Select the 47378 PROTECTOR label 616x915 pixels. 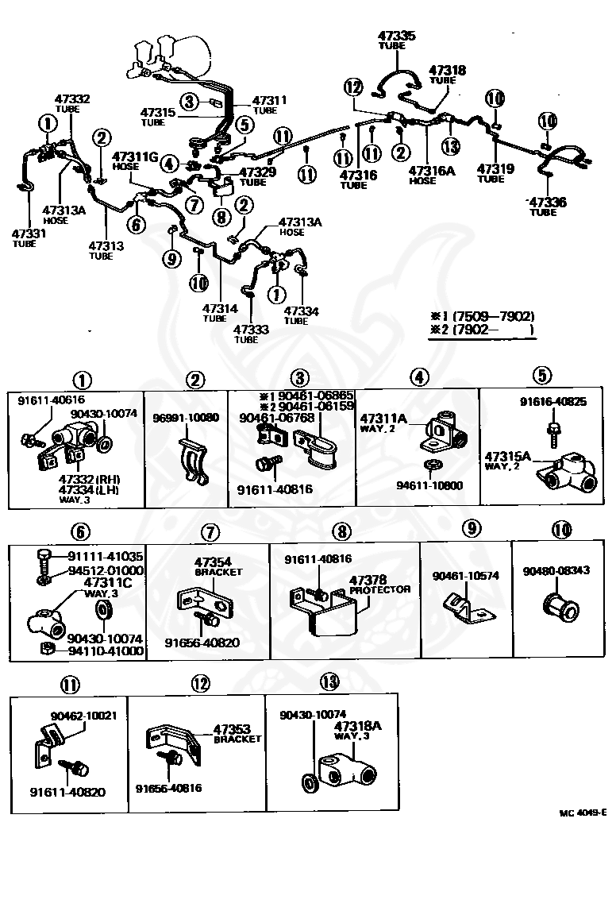point(379,585)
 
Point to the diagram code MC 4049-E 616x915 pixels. point(583,813)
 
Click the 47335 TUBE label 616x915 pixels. point(397,40)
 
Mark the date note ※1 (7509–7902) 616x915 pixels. point(482,315)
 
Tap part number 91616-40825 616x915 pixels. point(553,402)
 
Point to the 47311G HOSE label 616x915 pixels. point(137,162)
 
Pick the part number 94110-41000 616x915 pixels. point(105,651)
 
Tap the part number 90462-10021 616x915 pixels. point(78,715)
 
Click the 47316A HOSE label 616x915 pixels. point(433,175)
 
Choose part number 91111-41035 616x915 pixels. point(105,556)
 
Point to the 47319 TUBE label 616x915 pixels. point(495,173)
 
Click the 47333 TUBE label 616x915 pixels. point(252,334)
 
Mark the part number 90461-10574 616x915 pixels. point(465,576)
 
